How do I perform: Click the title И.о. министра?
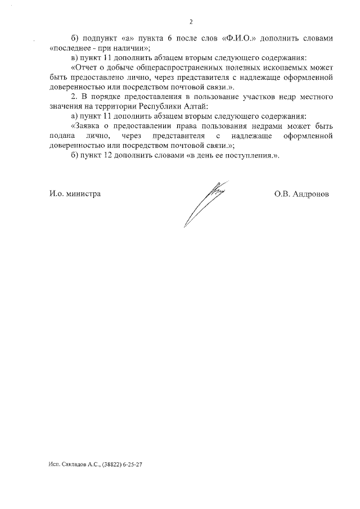tap(75, 193)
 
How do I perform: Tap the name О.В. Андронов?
tap(301, 193)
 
